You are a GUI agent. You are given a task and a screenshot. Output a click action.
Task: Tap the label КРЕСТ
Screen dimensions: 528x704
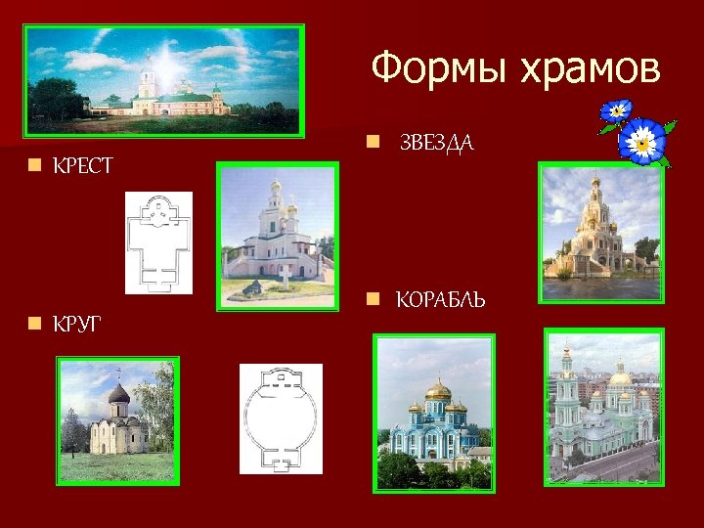(83, 167)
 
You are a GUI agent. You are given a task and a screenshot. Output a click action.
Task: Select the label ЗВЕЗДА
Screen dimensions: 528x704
(437, 144)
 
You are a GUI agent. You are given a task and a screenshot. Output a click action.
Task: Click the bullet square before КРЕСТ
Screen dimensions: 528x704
(35, 167)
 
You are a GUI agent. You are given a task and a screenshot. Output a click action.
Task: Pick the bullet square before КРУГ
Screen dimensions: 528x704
(35, 322)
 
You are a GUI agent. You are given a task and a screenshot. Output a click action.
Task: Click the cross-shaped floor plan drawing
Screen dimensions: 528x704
(158, 242)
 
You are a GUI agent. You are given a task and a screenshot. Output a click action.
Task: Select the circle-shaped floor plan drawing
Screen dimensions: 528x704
(281, 418)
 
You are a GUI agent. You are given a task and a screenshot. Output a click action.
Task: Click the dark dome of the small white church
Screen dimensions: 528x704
(118, 393)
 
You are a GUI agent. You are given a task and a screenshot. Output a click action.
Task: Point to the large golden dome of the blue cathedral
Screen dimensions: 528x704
(437, 391)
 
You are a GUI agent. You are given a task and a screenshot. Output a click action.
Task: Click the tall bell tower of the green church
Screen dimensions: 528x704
(565, 391)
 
